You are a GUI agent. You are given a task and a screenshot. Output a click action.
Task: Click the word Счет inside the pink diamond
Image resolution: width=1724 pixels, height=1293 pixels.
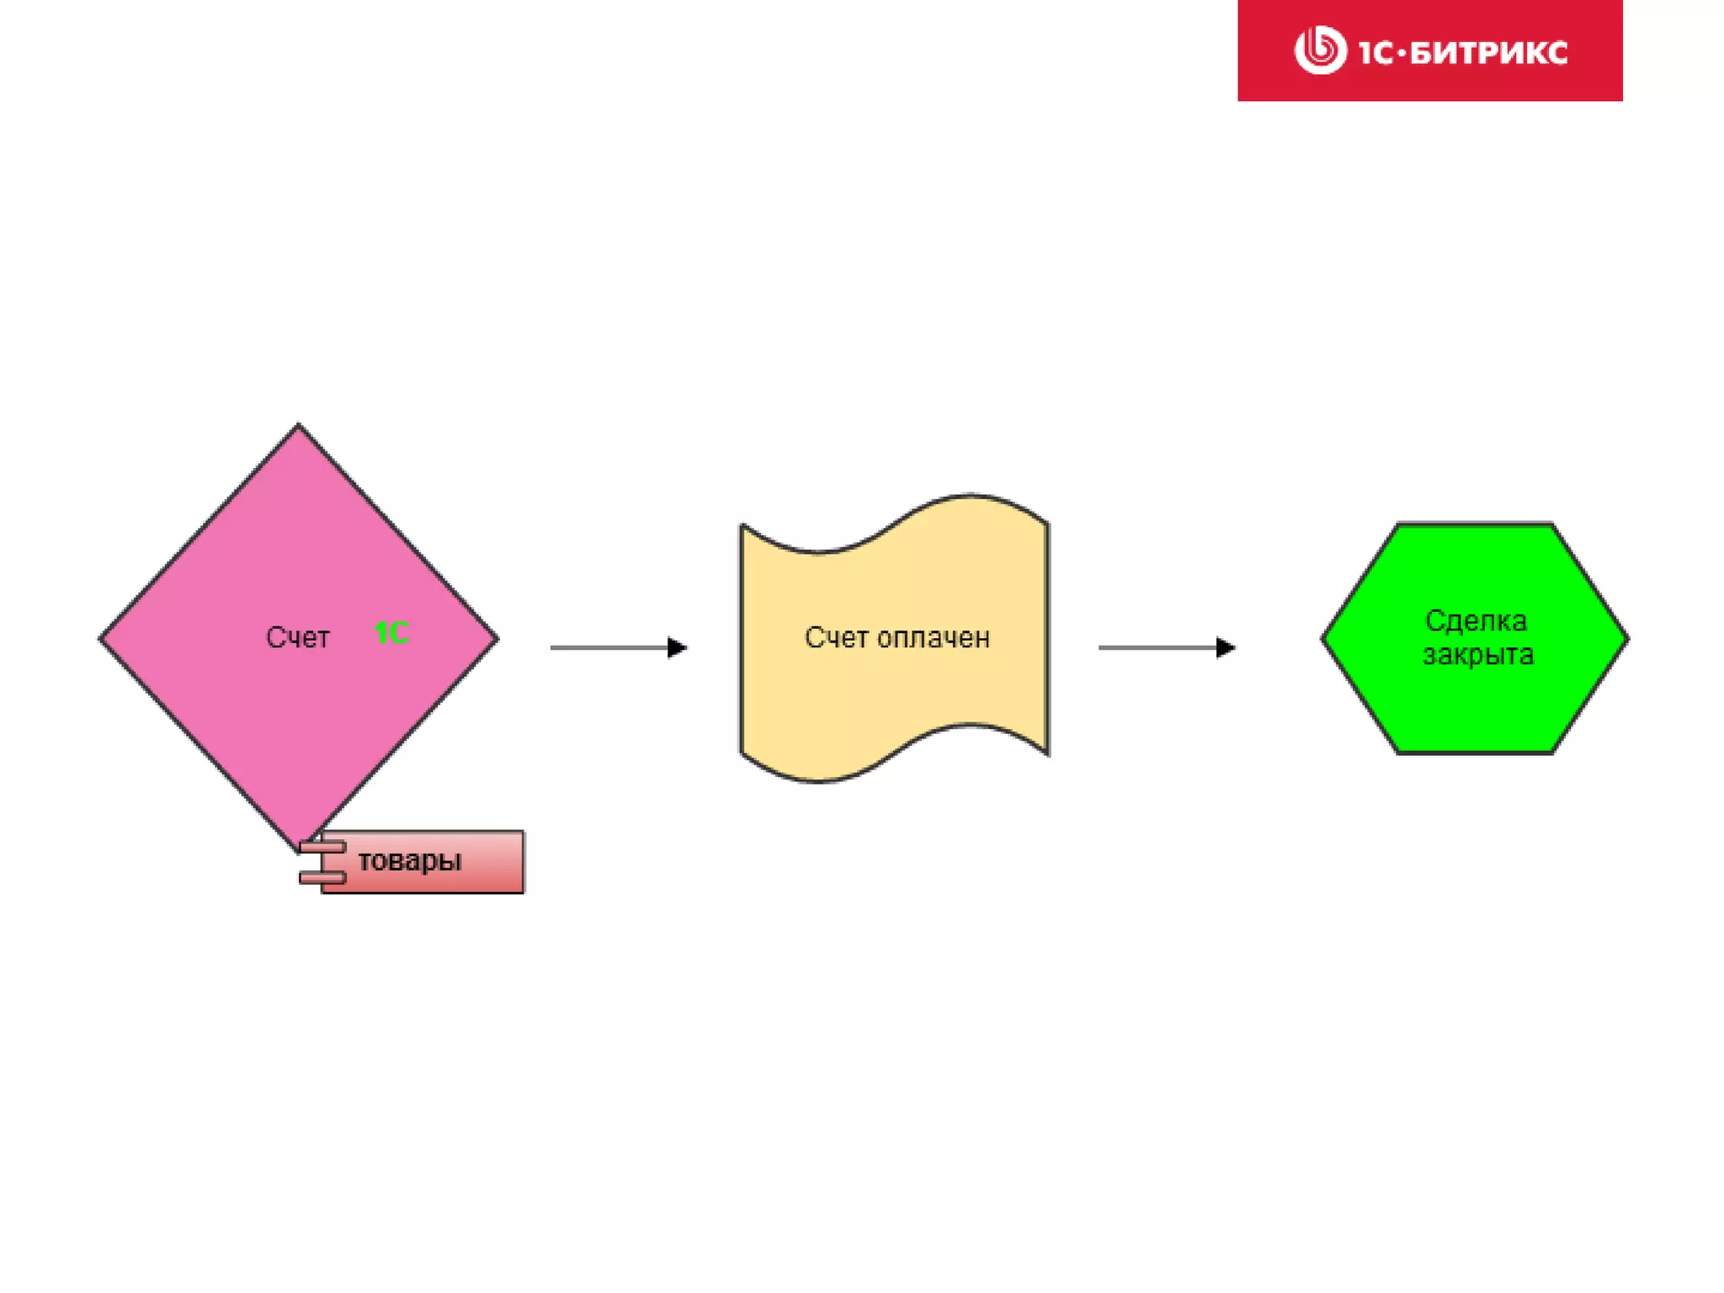point(297,637)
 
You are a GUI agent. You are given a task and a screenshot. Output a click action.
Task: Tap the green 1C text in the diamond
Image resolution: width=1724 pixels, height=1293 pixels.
point(391,632)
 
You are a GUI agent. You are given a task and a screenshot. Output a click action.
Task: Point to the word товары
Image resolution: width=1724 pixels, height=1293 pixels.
point(410,860)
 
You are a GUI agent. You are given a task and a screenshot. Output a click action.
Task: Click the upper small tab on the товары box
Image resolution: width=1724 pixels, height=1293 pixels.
point(322,846)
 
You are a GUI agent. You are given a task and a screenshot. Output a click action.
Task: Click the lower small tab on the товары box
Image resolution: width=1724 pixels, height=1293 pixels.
point(322,878)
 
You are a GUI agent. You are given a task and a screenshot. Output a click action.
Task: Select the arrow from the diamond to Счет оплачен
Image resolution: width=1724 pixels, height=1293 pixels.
point(615,647)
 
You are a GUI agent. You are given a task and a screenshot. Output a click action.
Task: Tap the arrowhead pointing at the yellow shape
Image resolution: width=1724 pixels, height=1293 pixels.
point(678,647)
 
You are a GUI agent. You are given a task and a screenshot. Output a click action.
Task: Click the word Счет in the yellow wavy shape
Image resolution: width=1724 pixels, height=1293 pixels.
point(836,637)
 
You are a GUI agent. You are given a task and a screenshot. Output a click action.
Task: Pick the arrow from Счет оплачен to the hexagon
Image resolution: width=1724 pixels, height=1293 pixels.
point(1162,647)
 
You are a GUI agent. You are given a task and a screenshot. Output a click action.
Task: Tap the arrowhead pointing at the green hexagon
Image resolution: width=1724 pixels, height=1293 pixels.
point(1226,647)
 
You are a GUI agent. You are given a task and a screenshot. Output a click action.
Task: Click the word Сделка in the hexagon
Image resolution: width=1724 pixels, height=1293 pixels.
point(1476,620)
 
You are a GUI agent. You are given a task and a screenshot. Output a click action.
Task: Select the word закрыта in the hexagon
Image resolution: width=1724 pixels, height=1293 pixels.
point(1478,654)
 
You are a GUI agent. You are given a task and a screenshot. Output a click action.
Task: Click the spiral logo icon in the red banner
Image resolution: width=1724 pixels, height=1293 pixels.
point(1320,50)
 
